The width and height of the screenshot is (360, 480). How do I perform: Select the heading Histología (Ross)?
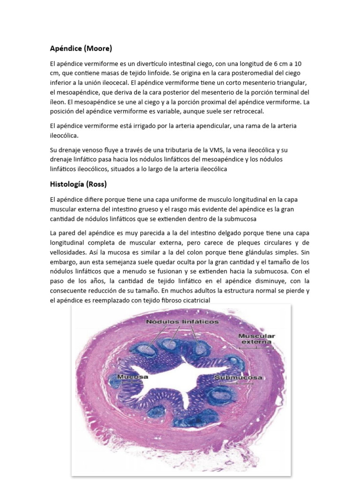(x=80, y=184)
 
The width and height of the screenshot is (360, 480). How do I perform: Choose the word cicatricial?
(x=190, y=300)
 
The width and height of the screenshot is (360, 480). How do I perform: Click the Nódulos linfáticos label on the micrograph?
(x=175, y=322)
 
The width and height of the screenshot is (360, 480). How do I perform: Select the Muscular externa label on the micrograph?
(x=256, y=339)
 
